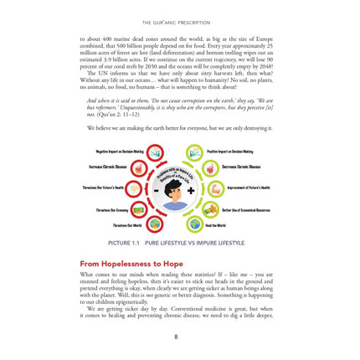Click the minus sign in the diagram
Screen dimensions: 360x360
click(157, 189)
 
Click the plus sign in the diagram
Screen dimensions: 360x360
click(193, 190)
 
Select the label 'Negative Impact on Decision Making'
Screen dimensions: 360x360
click(116, 152)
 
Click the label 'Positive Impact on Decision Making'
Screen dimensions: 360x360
click(229, 152)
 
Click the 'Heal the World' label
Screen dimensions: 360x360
click(216, 225)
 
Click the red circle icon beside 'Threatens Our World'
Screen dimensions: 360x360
click(155, 224)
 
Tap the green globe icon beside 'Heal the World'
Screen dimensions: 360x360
click(195, 224)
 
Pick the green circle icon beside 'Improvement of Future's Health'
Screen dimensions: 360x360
click(214, 188)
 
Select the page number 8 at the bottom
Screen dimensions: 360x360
click(176, 337)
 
